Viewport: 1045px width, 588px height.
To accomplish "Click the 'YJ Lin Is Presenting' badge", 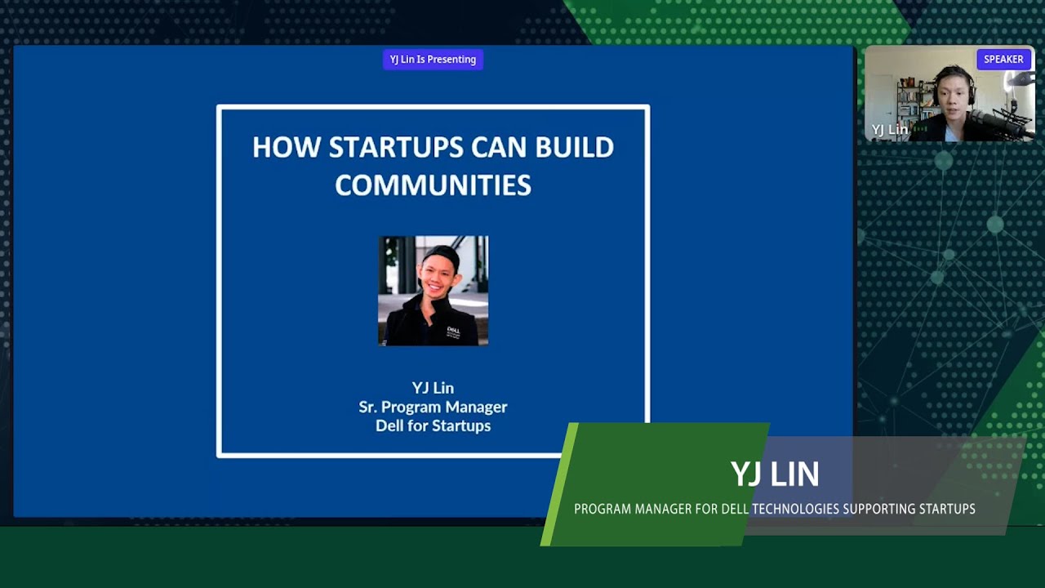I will point(433,59).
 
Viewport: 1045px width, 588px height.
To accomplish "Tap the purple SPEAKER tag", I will point(1003,59).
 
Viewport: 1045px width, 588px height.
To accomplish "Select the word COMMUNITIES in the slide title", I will point(433,185).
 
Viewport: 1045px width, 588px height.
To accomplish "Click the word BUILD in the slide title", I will point(574,147).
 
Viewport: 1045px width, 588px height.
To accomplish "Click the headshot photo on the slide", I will point(433,290).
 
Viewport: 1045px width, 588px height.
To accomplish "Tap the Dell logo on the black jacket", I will point(454,331).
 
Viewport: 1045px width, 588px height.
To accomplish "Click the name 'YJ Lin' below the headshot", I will point(433,388).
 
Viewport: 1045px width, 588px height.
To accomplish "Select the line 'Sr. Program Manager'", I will point(433,407).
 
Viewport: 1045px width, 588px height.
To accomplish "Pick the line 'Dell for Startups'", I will point(433,425).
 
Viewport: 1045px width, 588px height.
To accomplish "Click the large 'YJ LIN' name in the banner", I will point(775,474).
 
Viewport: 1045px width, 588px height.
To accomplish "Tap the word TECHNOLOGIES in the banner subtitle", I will point(795,509).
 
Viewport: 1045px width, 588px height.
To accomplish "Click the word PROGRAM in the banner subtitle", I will point(603,509).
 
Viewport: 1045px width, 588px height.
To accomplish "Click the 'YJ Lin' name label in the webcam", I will point(889,130).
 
